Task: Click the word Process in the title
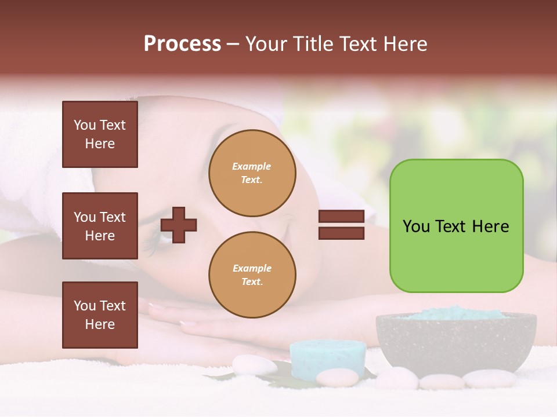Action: pyautogui.click(x=182, y=44)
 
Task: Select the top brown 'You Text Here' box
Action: pyautogui.click(x=100, y=134)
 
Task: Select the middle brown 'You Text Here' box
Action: pyautogui.click(x=100, y=226)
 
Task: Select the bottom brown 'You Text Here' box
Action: pyautogui.click(x=100, y=314)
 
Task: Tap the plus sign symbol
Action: pyautogui.click(x=179, y=225)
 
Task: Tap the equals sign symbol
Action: pyautogui.click(x=342, y=225)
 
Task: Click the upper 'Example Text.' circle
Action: pyautogui.click(x=252, y=173)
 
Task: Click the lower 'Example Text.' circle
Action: pyautogui.click(x=252, y=275)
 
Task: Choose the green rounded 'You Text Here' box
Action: pyautogui.click(x=456, y=226)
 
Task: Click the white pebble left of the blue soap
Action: pyautogui.click(x=254, y=365)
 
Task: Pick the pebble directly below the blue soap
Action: pyautogui.click(x=337, y=378)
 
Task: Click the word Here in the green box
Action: pyautogui.click(x=490, y=226)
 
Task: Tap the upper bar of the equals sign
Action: pyautogui.click(x=342, y=217)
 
